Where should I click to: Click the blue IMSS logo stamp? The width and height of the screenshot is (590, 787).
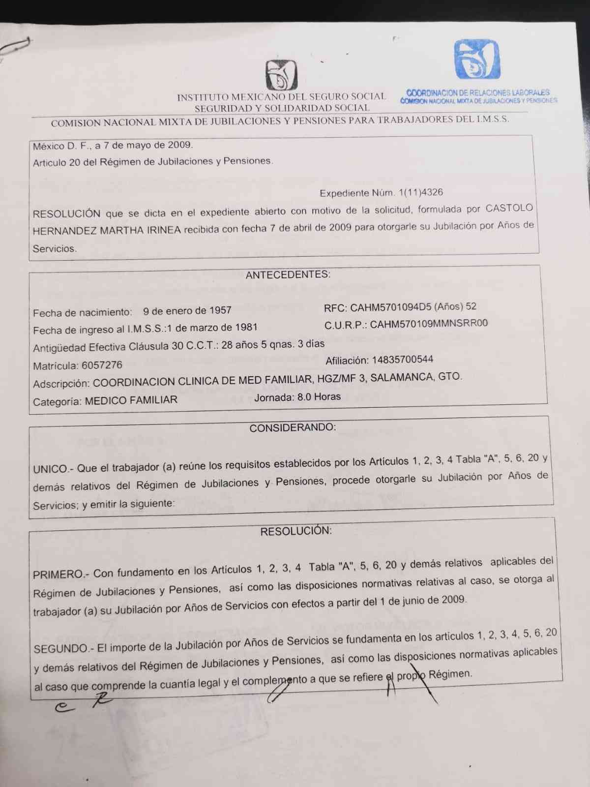point(476,60)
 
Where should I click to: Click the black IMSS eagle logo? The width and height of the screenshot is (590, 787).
point(281,75)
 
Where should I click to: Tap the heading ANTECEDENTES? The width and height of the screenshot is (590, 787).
point(288,274)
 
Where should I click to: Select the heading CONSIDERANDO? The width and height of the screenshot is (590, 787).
point(293,427)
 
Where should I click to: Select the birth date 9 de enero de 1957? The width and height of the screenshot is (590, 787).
point(187,311)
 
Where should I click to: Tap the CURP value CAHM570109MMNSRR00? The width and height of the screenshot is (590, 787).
point(429,324)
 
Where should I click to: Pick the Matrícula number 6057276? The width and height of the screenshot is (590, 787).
point(102,365)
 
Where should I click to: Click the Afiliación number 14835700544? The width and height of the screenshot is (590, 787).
point(402,360)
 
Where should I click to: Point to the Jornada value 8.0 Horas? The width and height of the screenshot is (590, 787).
point(319,396)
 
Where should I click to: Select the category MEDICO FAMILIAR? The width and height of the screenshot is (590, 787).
point(131,400)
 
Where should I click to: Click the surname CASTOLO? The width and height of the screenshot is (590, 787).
point(509,208)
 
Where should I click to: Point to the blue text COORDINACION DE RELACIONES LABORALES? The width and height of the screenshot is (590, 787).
point(478,92)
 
